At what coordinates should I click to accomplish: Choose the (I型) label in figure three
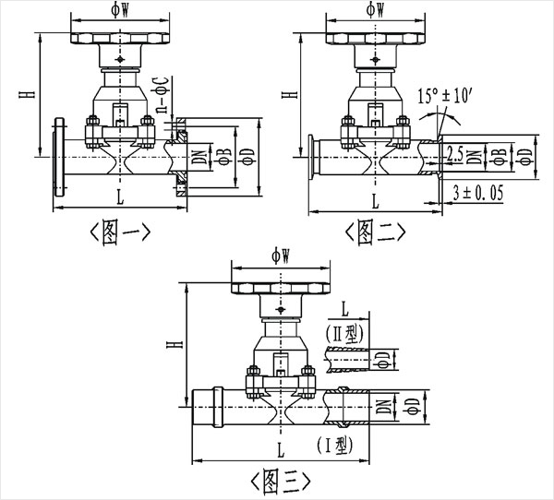click(x=333, y=445)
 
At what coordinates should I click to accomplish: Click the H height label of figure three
click(x=173, y=344)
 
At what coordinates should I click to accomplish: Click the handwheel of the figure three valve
click(x=281, y=286)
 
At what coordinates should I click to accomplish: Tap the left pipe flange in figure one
click(x=60, y=159)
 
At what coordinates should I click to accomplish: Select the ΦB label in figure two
click(x=499, y=154)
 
